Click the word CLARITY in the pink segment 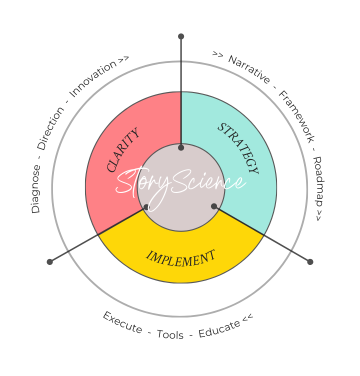123,150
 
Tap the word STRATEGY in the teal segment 238,148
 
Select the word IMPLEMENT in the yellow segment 181,258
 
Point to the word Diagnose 35,189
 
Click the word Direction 50,128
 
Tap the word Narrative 249,69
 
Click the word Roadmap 317,181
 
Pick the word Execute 122,322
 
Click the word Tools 170,334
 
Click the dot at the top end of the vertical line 181,36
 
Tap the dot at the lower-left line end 49,262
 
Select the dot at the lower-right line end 310,261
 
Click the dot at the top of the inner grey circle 181,147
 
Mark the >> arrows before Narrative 217,54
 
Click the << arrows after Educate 247,317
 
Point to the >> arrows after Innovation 123,60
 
